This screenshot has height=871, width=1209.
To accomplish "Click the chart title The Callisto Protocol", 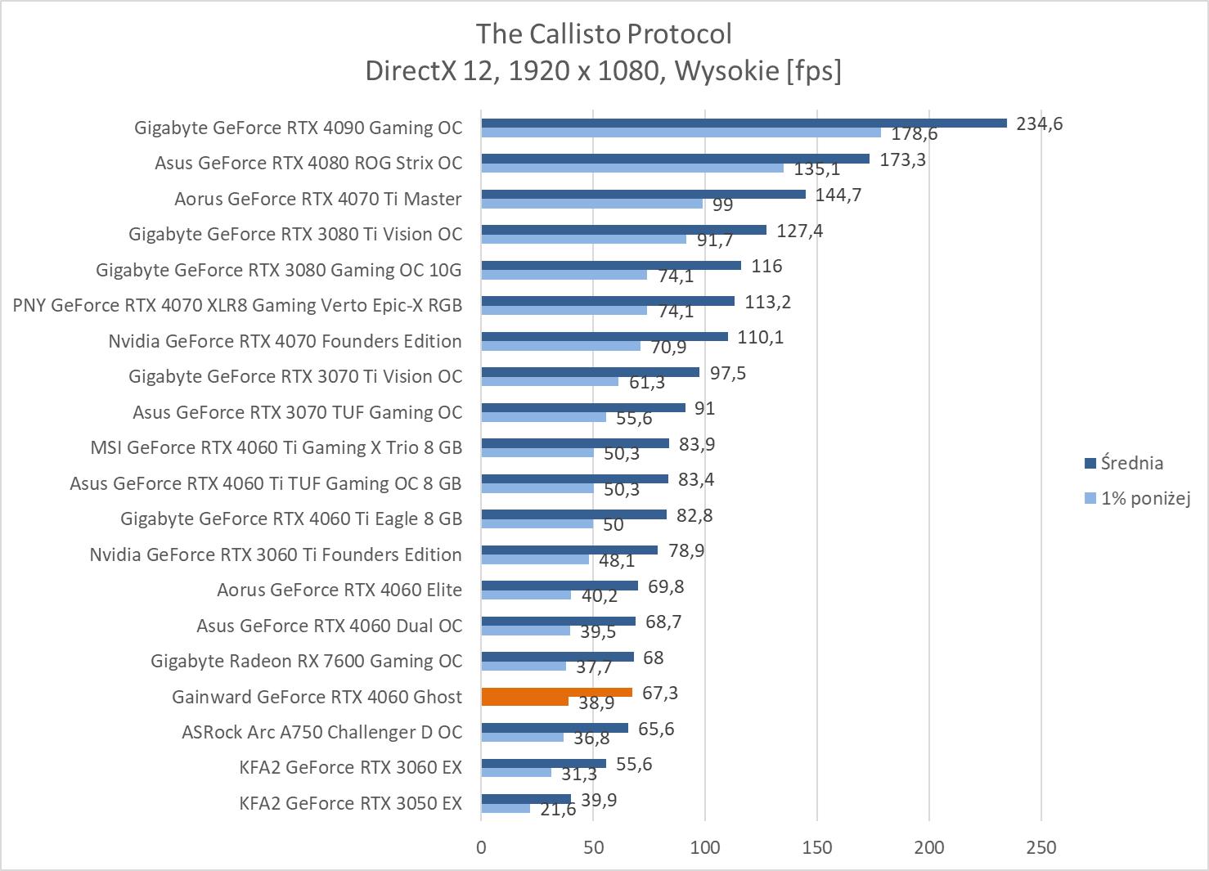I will click(604, 34).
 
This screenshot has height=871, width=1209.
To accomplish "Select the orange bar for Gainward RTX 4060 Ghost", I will click(556, 693).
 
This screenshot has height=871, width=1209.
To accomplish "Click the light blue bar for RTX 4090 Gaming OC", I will click(681, 132).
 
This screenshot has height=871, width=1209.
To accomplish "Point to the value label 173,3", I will click(902, 159).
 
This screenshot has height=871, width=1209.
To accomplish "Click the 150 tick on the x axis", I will click(816, 847).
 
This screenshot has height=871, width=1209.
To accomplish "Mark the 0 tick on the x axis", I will click(481, 847).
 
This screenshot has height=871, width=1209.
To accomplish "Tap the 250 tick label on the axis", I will click(1040, 847).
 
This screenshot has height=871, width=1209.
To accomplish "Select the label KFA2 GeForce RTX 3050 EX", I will click(350, 803).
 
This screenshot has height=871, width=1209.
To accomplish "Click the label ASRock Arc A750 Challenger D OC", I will click(321, 732).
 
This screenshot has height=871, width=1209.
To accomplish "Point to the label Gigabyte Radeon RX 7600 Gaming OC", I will click(306, 661).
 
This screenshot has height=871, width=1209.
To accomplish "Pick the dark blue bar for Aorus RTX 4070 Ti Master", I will click(643, 195).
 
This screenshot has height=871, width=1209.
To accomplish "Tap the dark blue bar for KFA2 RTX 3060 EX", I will click(543, 764).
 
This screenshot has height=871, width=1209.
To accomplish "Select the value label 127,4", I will click(799, 231).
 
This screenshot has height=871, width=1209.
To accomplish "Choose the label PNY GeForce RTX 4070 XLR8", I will click(237, 305).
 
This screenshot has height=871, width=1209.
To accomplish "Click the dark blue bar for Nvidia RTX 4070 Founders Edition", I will click(604, 337).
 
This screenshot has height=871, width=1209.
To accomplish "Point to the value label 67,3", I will click(659, 693).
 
